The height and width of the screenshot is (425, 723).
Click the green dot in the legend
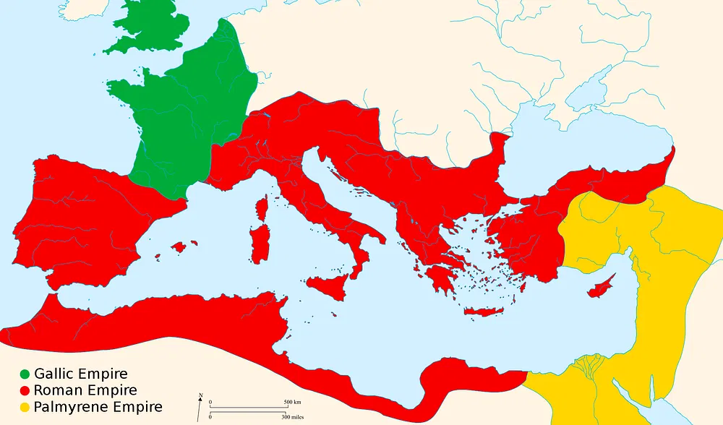click(25, 374)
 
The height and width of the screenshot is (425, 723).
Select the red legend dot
click(25, 391)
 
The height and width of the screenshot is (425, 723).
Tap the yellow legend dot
click(25, 408)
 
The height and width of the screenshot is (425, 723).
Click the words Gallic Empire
click(80, 374)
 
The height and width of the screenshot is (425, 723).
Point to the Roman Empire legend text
click(85, 391)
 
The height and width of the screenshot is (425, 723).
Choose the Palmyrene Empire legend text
click(98, 408)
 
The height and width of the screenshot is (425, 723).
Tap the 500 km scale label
click(292, 402)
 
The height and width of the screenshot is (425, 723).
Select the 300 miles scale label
click(293, 417)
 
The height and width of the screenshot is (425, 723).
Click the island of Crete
click(482, 312)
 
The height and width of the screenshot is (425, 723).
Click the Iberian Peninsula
click(80, 217)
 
